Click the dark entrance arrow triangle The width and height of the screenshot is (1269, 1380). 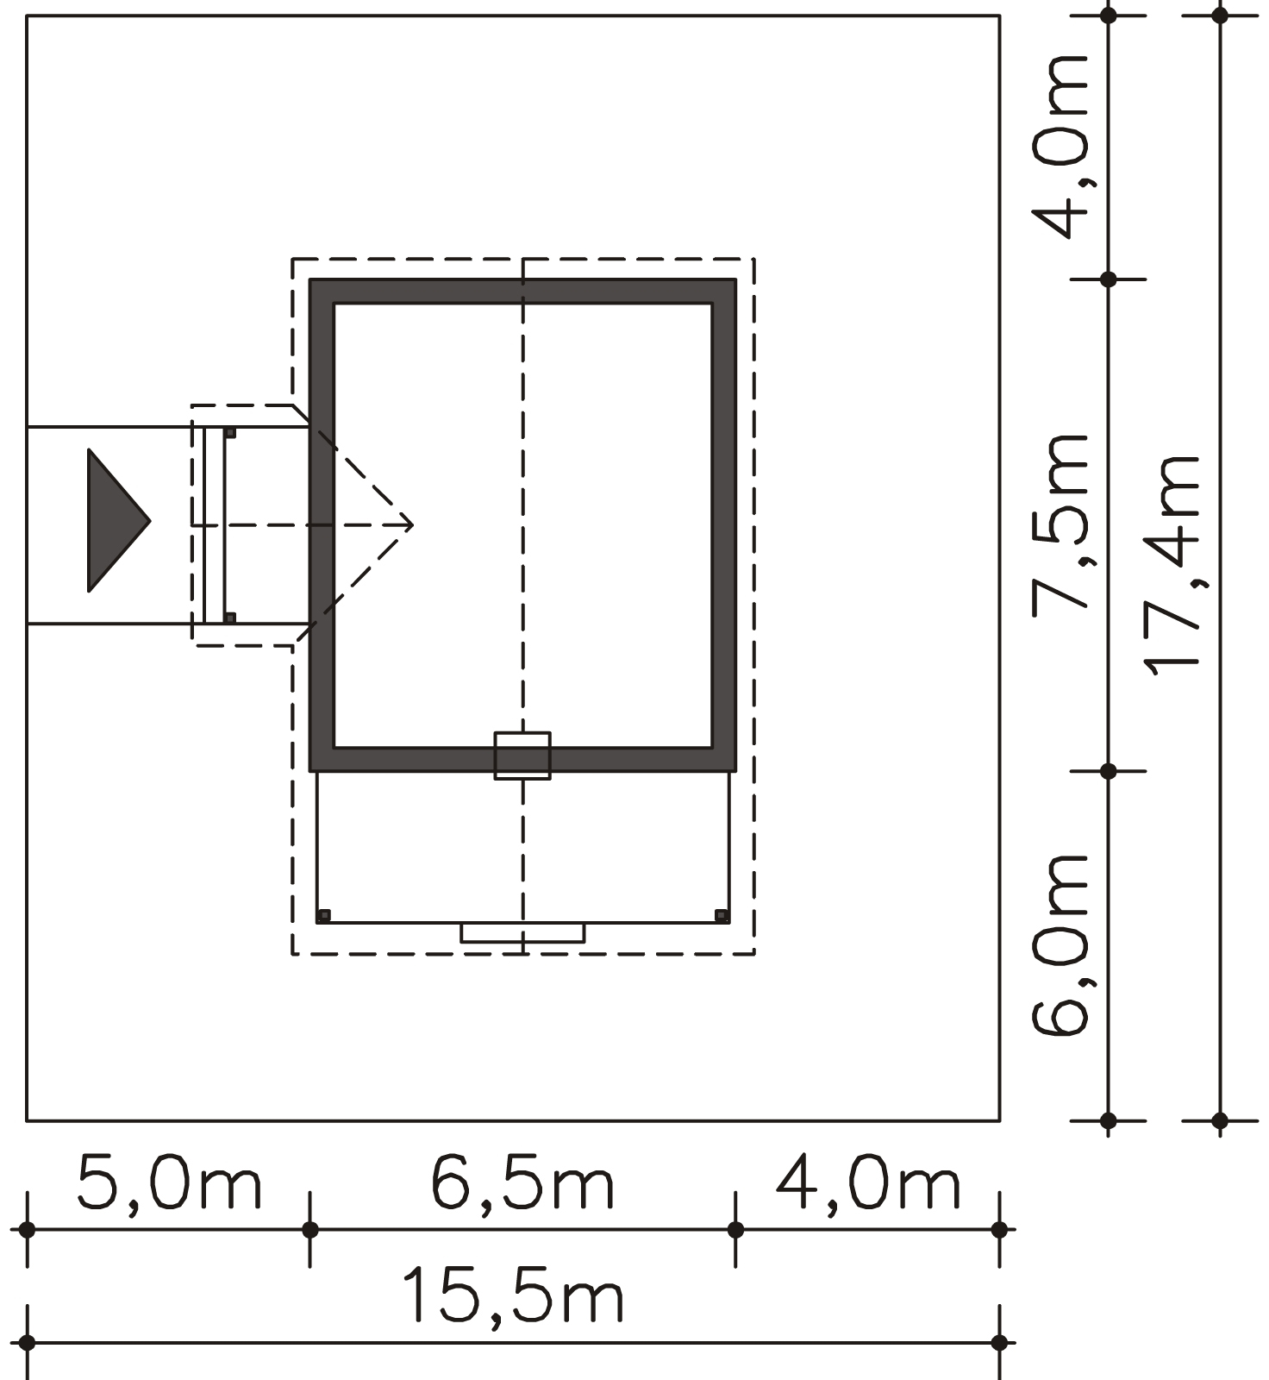coord(114,521)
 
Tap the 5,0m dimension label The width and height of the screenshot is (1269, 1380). coord(169,1183)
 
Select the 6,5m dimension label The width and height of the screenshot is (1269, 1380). coord(522,1183)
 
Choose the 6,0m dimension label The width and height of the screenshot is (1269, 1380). coord(1060,945)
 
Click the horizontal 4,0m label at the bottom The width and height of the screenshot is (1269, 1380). coord(868,1183)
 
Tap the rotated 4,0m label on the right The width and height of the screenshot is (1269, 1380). coord(1060,147)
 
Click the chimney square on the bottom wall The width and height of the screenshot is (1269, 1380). coord(522,756)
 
